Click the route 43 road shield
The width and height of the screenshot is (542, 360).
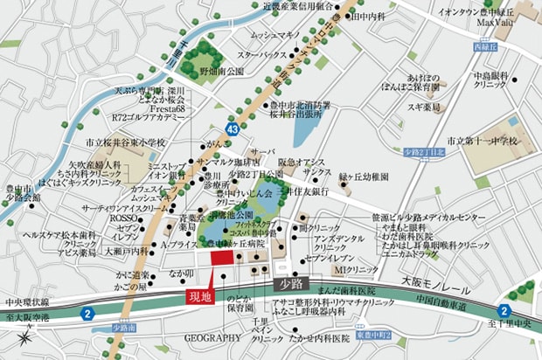click(x=206, y=128)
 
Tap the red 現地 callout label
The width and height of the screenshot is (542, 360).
click(x=200, y=297)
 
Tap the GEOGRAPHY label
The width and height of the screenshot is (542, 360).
click(x=212, y=337)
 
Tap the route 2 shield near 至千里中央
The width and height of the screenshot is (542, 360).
click(x=504, y=311)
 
